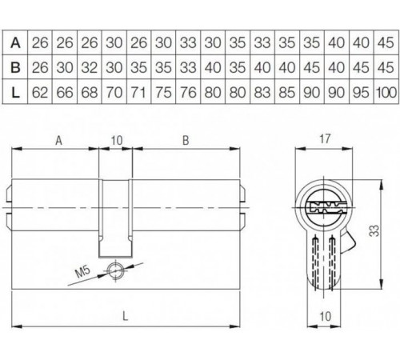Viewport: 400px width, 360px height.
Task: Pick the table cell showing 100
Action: [x=386, y=94]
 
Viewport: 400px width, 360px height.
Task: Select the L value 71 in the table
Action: [x=138, y=94]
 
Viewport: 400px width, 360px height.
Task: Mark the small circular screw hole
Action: [x=118, y=270]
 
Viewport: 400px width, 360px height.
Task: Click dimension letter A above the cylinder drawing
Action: [x=58, y=141]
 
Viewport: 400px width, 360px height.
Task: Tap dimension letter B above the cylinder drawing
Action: [x=186, y=141]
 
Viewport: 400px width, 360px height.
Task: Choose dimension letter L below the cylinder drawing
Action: [x=127, y=317]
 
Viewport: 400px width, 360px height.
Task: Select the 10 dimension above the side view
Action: [x=117, y=141]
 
